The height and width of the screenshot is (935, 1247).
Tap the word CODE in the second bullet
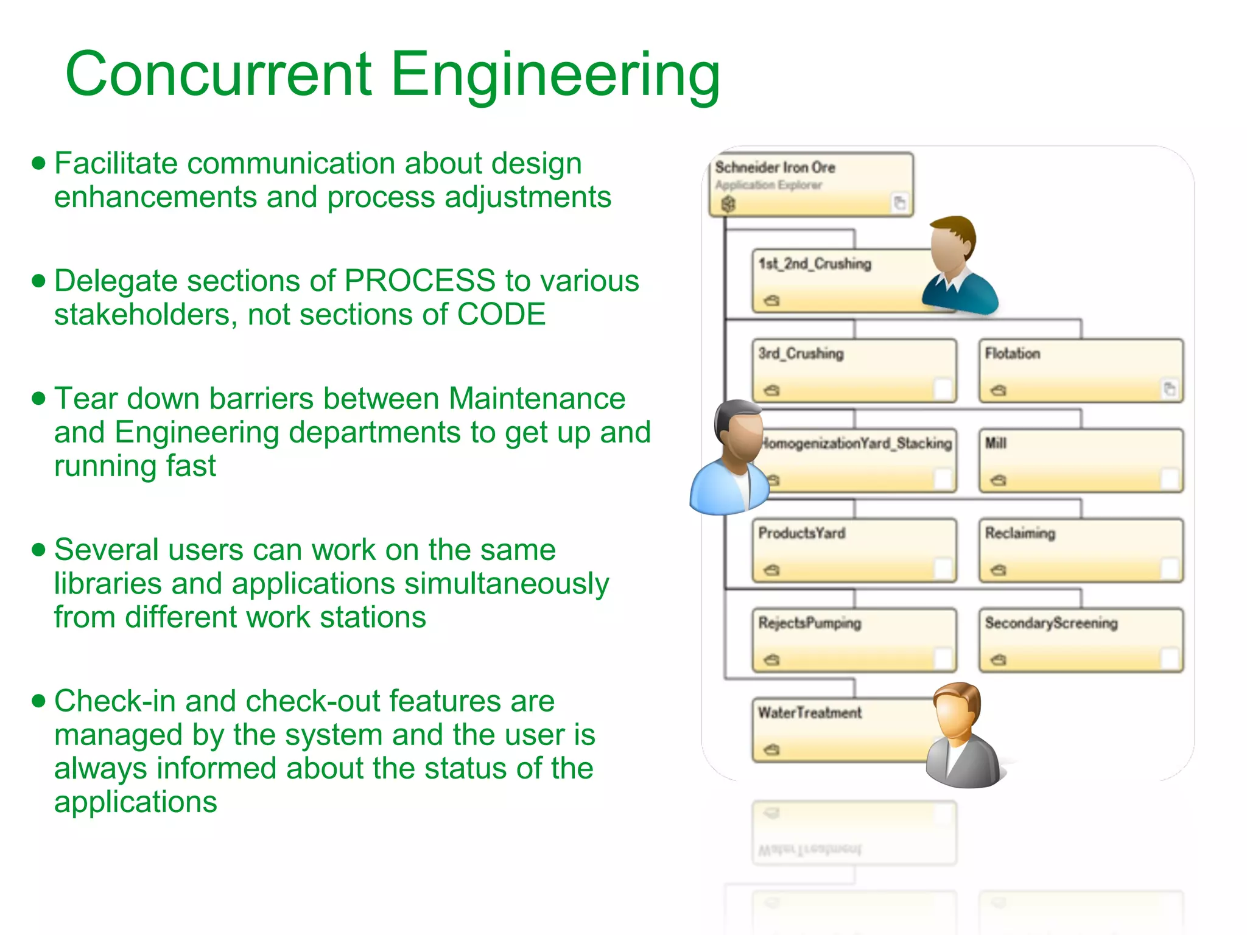tap(501, 315)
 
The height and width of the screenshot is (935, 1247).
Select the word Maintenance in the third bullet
tap(536, 399)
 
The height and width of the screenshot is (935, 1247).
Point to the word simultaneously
tap(507, 584)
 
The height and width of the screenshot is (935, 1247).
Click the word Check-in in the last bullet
tap(115, 701)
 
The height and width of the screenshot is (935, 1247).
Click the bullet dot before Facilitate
tap(39, 163)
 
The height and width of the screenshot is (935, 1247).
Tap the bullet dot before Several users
tap(39, 550)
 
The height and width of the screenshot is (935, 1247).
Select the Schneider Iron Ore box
tap(810, 184)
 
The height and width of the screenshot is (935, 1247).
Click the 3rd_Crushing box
tap(854, 371)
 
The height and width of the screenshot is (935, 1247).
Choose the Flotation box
tap(1080, 371)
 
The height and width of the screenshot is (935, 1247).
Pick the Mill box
tap(1080, 460)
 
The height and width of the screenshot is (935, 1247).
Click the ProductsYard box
tap(854, 550)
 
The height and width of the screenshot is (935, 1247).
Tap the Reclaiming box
tap(1080, 550)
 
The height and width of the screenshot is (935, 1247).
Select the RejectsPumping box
tap(854, 640)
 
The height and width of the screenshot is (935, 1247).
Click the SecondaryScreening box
tap(1080, 640)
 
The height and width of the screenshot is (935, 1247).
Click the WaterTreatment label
tap(809, 713)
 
